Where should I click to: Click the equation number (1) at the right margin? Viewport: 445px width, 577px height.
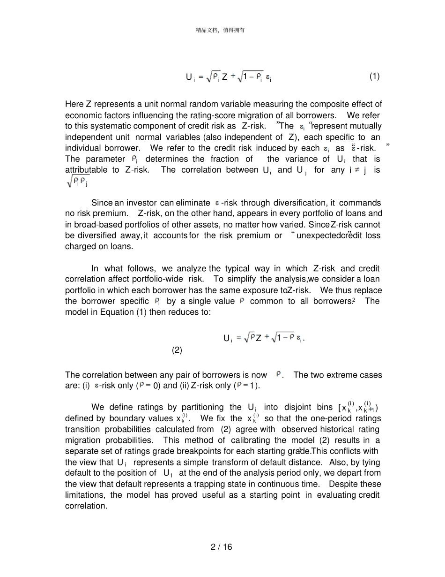tap(374, 76)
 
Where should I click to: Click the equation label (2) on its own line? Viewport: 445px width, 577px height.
tap(177, 350)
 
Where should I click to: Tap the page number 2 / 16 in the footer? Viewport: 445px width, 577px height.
tap(222, 547)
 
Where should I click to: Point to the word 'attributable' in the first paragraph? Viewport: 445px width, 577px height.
tap(86, 170)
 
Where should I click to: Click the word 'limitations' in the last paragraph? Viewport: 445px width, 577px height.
tap(84, 495)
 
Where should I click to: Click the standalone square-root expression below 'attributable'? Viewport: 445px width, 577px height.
tap(77, 181)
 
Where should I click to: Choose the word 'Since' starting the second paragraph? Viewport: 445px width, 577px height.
tap(101, 203)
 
